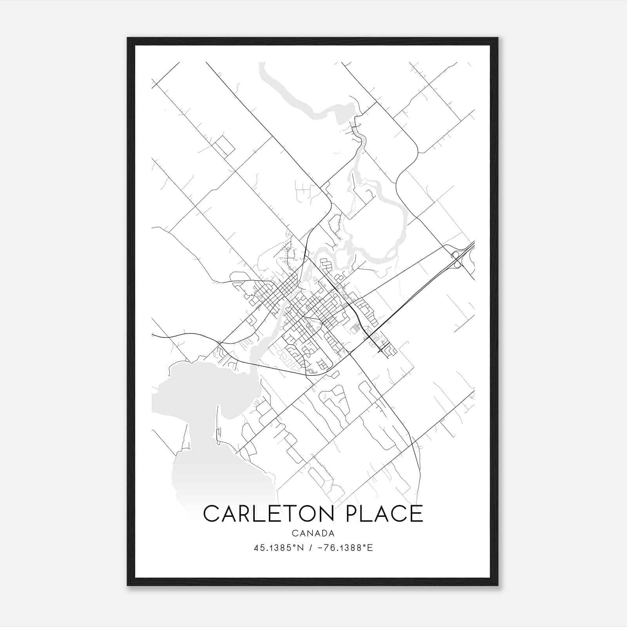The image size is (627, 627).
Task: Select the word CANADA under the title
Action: coord(313,533)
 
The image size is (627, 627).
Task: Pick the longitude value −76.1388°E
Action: coord(344,548)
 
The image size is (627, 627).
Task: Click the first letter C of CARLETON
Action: coord(212,513)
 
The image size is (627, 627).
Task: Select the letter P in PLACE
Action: coord(355,513)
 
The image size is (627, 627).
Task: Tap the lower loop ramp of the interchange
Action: coord(457,265)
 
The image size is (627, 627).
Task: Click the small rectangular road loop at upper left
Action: coord(224,146)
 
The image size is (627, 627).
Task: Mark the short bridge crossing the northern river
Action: coord(355,128)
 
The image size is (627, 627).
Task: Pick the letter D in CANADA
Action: coord(324,533)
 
